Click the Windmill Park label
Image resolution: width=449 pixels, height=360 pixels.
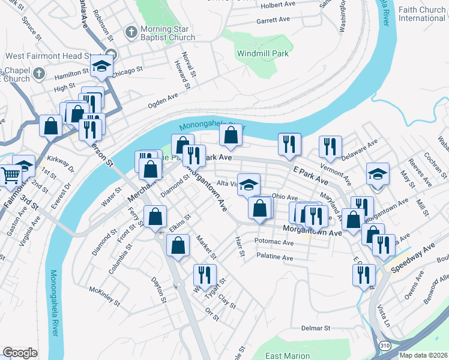click(263, 53)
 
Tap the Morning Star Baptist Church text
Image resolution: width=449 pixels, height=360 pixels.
click(167, 33)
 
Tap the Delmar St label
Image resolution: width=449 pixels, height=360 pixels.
click(316, 328)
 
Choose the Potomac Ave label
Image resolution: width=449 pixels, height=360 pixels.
click(274, 242)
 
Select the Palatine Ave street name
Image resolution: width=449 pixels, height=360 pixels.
click(274, 257)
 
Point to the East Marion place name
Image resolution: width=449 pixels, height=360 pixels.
click(288, 356)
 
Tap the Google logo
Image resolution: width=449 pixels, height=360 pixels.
click(20, 353)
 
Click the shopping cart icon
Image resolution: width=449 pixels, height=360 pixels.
click(10, 175)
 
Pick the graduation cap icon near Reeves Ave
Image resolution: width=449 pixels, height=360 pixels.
click(377, 174)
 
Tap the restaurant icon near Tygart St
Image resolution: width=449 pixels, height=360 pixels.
click(204, 275)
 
